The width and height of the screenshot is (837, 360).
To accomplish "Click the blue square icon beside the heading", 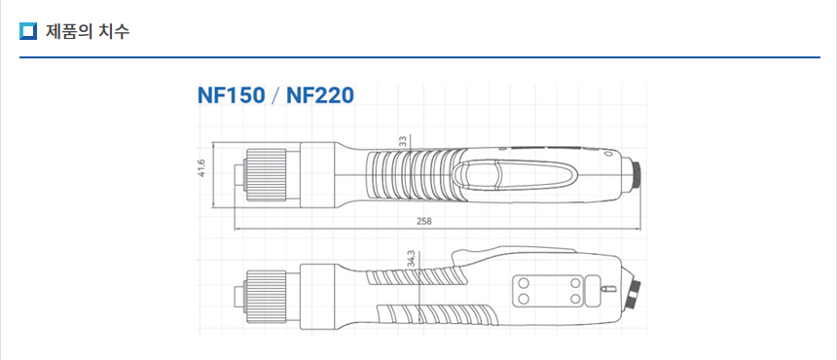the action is point(28,31).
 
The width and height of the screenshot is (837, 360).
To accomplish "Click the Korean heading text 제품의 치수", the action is point(88,31).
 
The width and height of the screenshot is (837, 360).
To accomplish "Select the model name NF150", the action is point(231,95).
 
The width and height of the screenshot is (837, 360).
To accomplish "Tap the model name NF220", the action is point(320,95).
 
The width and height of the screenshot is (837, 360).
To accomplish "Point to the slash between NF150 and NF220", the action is point(275,96).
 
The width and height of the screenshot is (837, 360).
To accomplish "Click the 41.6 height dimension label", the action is point(202,168).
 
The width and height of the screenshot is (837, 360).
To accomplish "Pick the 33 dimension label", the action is point(403,141).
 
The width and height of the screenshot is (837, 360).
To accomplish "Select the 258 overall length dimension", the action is point(423,221).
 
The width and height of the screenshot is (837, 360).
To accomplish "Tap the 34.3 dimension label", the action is point(411,259).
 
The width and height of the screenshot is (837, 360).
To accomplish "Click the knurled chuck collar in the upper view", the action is point(266,175).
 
